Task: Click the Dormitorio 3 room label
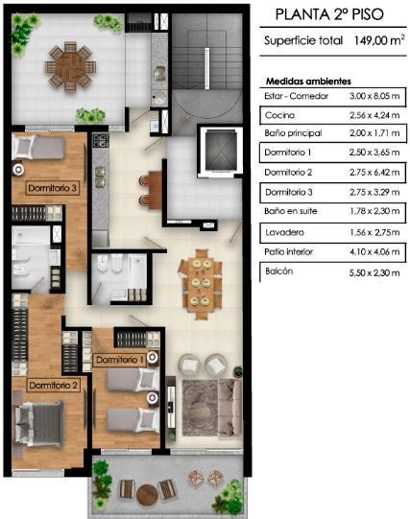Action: tap(52, 188)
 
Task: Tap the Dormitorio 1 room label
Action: tap(120, 360)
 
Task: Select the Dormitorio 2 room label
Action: tap(53, 386)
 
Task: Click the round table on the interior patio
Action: tap(70, 66)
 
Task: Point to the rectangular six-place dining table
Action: tap(200, 284)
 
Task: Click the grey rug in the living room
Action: tap(201, 408)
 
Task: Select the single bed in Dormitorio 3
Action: tap(38, 147)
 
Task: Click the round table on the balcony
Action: tap(147, 495)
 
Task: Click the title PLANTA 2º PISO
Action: tap(329, 14)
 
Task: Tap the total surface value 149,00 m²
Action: tap(379, 40)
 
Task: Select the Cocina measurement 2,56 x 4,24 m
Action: tap(374, 115)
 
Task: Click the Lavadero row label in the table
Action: tap(285, 232)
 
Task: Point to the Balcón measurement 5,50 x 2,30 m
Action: tap(374, 272)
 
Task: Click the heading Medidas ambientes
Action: tap(308, 82)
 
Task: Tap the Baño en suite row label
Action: tap(290, 211)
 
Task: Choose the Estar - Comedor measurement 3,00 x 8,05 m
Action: tap(374, 96)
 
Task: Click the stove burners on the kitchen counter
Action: tap(101, 140)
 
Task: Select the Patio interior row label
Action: tap(289, 252)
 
